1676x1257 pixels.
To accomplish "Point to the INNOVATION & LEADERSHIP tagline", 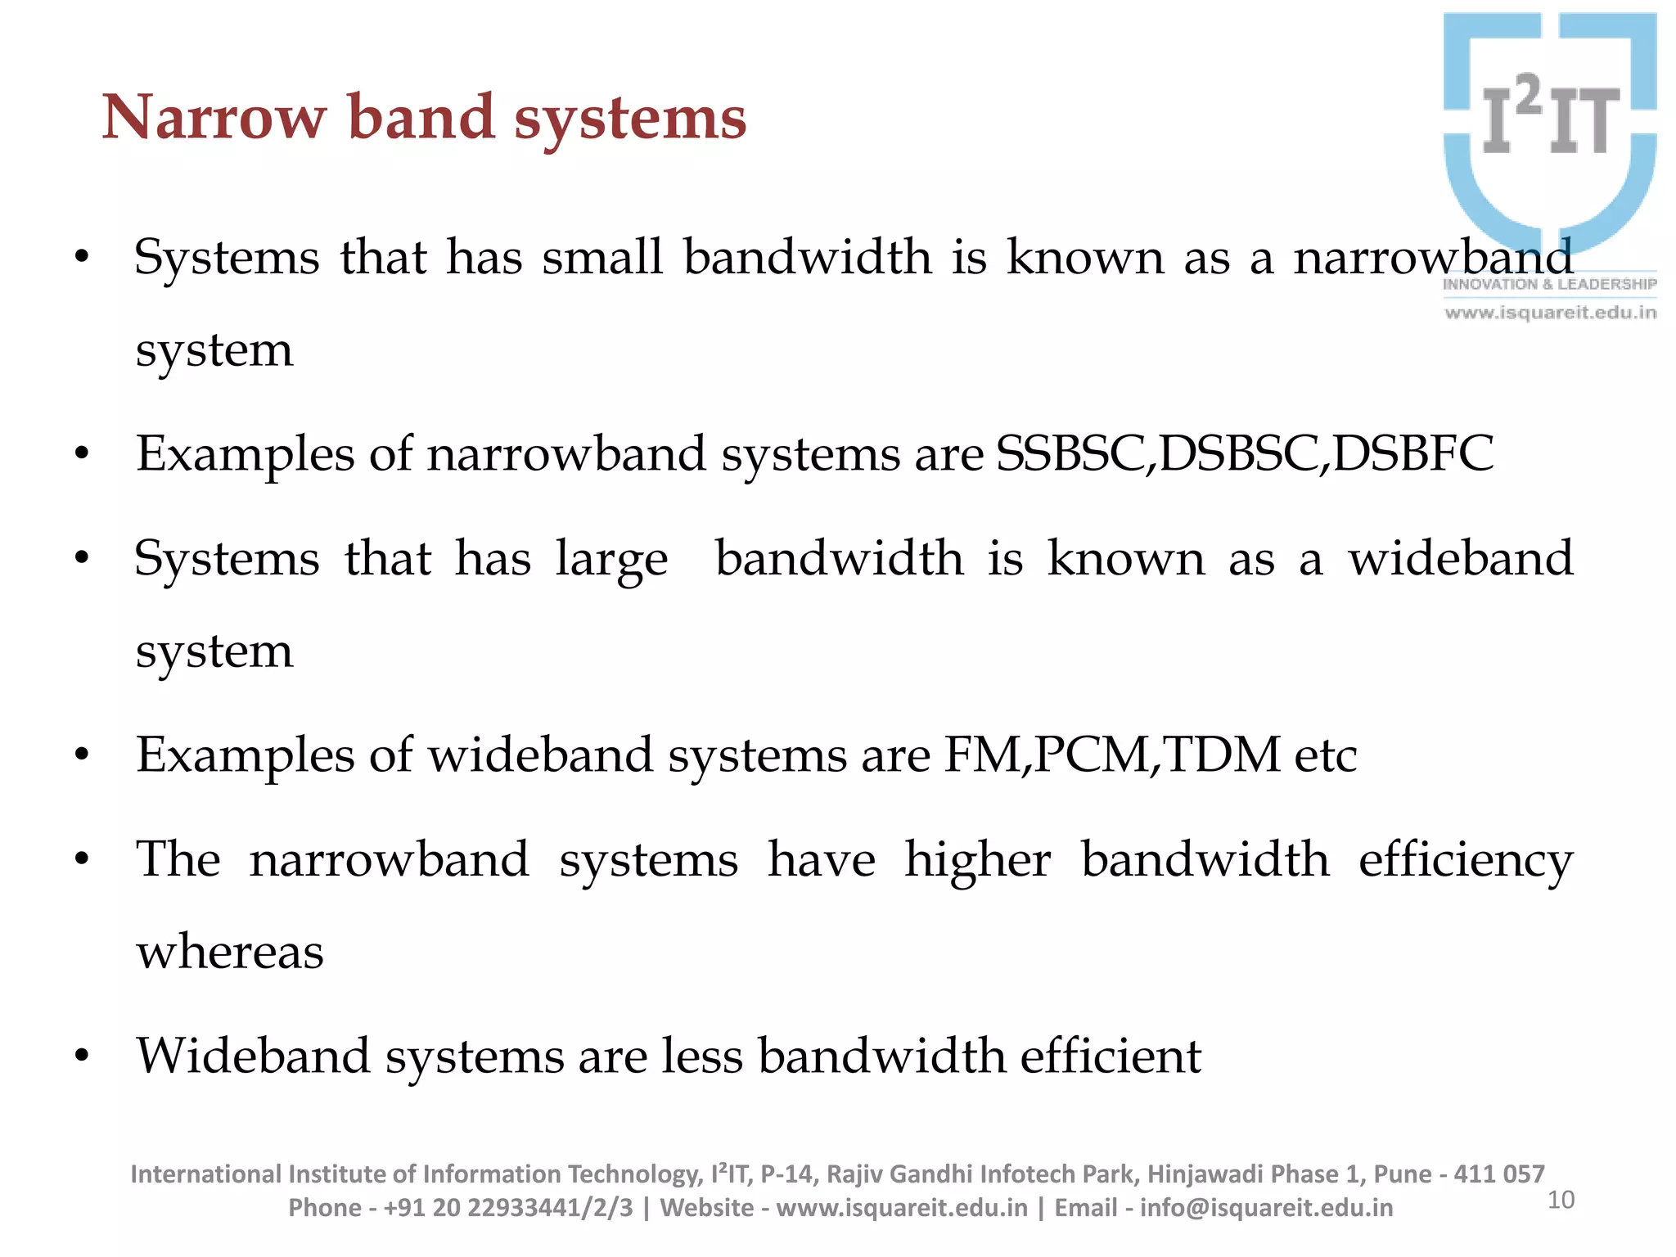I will click(1549, 285).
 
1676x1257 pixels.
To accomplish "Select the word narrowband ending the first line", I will click(1432, 258).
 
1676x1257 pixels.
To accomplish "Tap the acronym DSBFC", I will click(1413, 454).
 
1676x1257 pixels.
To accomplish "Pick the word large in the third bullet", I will click(611, 561).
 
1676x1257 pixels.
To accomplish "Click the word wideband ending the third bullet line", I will click(1461, 559).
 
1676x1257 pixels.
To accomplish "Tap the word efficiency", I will click(1465, 861).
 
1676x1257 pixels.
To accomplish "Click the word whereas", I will click(230, 953).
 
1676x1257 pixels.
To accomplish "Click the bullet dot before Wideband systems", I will click(81, 1057).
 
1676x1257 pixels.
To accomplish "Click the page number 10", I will click(1561, 1200).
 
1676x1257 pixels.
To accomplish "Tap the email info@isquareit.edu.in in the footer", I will click(1265, 1208).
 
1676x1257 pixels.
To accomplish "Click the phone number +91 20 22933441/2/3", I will click(507, 1208).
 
